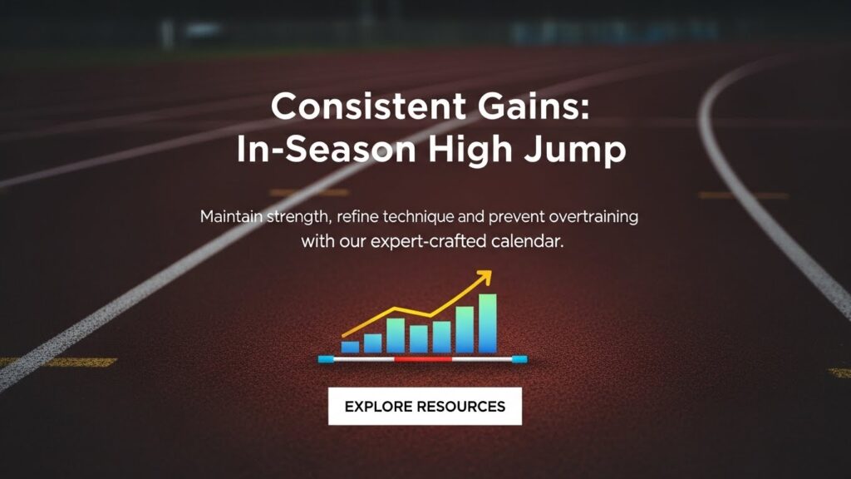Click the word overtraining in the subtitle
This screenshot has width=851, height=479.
(x=589, y=217)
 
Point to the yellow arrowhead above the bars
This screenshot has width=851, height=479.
(x=484, y=277)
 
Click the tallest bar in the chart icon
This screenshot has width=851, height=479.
(x=488, y=323)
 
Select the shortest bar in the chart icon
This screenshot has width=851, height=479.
(x=350, y=347)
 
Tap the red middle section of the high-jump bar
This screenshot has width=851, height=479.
(x=422, y=360)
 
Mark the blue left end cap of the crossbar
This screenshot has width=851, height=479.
(x=326, y=360)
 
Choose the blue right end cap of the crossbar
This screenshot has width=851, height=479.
(x=519, y=360)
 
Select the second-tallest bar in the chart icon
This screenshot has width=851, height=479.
(x=465, y=329)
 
